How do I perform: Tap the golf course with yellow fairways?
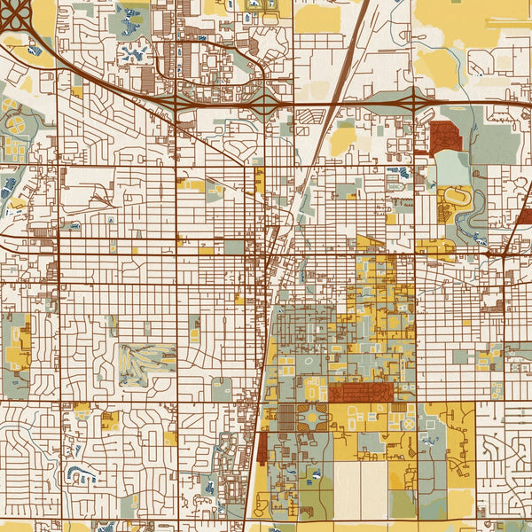(x=146, y=359)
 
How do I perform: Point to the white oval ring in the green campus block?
(x=309, y=362)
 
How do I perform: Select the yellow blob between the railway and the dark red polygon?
(x=342, y=138)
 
